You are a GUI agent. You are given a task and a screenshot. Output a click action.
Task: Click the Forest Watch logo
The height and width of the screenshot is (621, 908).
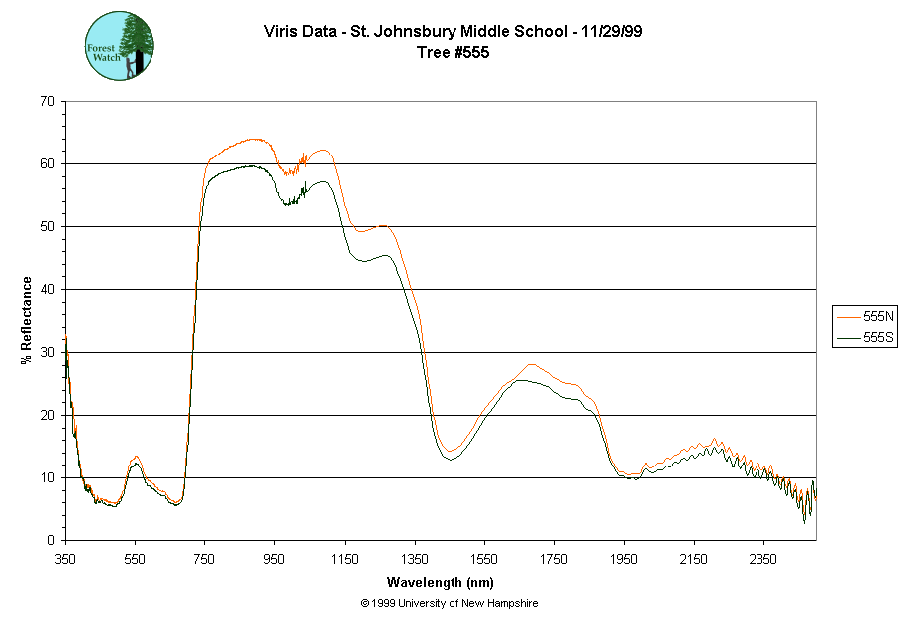pos(121,46)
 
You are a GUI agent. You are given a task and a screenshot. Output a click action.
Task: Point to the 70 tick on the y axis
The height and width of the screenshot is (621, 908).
pos(47,101)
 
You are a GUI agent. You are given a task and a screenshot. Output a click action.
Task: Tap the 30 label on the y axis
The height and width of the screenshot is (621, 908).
pos(47,352)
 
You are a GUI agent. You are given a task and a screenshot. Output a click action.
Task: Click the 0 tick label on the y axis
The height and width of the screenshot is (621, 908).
pos(51,540)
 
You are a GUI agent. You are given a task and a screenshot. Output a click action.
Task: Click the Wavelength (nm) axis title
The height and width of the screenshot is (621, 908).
pos(441,582)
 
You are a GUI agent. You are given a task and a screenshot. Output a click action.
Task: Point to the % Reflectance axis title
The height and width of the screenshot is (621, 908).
pos(26,320)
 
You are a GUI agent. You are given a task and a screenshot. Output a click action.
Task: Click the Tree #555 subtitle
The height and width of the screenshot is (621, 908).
pos(452,53)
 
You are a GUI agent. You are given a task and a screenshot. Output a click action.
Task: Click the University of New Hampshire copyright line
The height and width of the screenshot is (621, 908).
pos(451,603)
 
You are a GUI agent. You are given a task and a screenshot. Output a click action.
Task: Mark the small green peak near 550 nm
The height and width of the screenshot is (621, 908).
pos(135,463)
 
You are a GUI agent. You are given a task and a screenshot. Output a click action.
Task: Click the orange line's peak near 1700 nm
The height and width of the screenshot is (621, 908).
pos(531,364)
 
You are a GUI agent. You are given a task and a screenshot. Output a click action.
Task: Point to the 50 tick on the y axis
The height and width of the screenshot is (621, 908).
pos(47,226)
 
